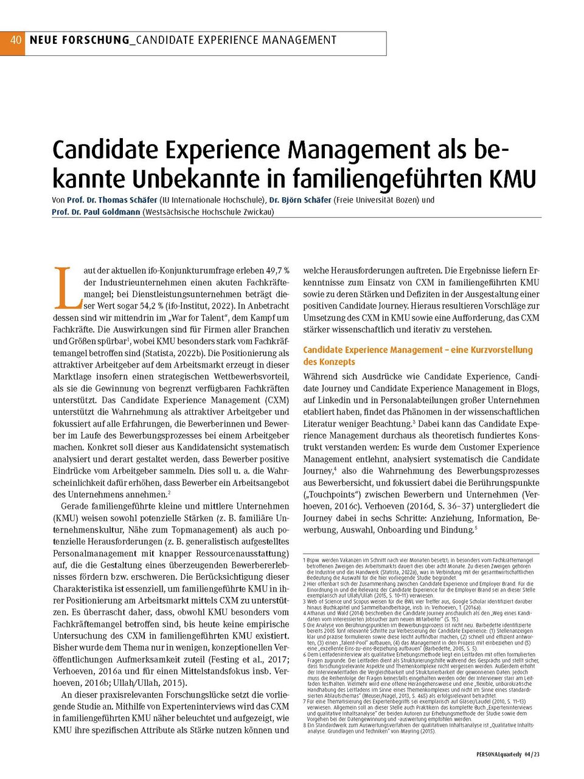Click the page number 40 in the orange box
point(15,40)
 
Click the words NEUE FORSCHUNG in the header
point(79,40)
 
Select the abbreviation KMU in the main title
point(513,180)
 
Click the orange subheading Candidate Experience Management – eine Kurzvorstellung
point(417,350)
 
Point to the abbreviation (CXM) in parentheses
point(277,400)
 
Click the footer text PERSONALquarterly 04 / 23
point(509,754)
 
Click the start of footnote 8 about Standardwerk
point(305,725)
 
